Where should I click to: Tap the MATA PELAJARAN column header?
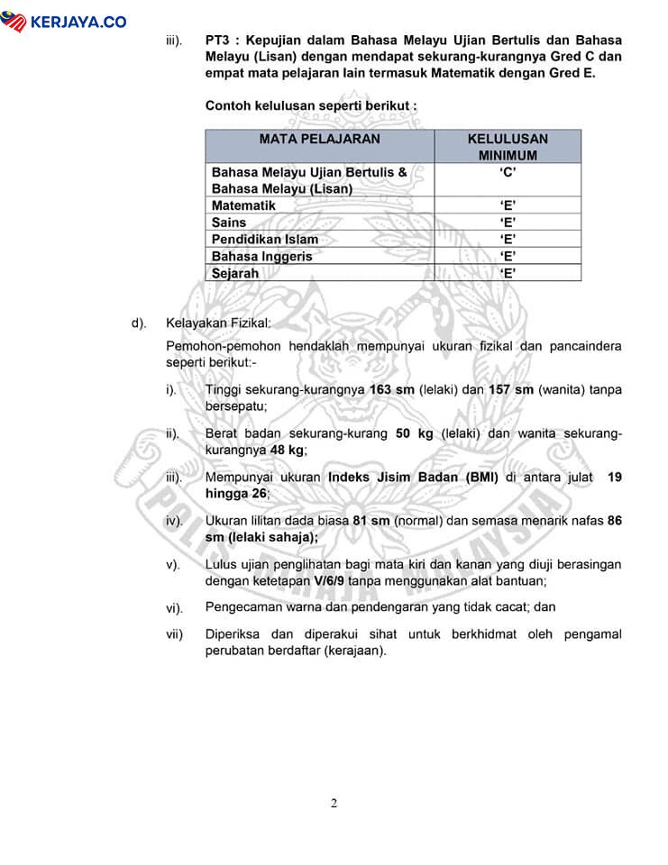click(319, 140)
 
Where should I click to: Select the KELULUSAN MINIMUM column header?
click(508, 147)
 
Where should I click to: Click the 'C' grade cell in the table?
click(508, 172)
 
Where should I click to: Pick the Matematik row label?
click(243, 205)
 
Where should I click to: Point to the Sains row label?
click(229, 223)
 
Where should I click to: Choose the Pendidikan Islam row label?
click(264, 240)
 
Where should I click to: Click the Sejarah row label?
click(235, 273)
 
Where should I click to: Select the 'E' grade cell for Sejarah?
click(508, 273)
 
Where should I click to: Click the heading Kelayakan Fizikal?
click(217, 323)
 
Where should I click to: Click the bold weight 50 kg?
click(415, 433)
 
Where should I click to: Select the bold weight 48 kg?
click(288, 449)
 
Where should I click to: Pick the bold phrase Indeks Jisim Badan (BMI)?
click(413, 478)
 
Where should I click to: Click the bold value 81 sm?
click(371, 521)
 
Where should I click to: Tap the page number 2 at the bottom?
click(334, 805)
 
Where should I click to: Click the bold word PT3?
click(219, 41)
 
